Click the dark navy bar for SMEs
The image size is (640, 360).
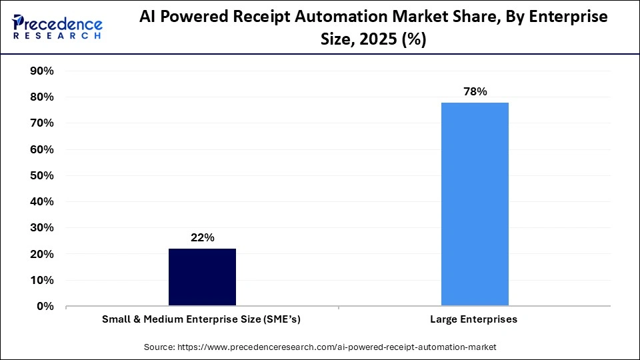point(202,277)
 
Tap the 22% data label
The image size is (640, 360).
point(202,238)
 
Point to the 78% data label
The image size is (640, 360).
point(475,92)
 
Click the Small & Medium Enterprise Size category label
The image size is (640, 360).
point(201,320)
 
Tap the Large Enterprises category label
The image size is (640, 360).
point(475,320)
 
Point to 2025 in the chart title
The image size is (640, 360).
point(378,40)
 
